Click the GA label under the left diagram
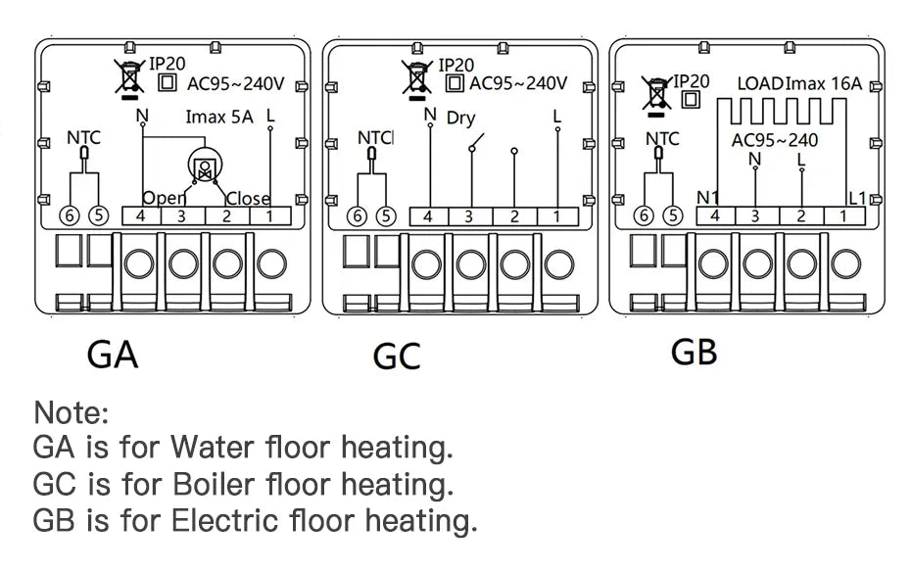(x=113, y=354)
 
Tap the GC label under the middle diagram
(x=397, y=357)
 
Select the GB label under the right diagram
(x=694, y=351)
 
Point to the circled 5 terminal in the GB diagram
(x=672, y=215)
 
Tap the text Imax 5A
(x=218, y=117)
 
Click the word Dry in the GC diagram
(x=460, y=119)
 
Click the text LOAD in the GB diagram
(x=760, y=84)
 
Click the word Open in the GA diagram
(x=165, y=199)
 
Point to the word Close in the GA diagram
(x=248, y=199)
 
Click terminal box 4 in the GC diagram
(x=427, y=216)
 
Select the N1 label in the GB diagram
(x=706, y=199)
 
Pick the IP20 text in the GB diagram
(x=692, y=82)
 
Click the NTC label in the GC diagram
(x=374, y=139)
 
